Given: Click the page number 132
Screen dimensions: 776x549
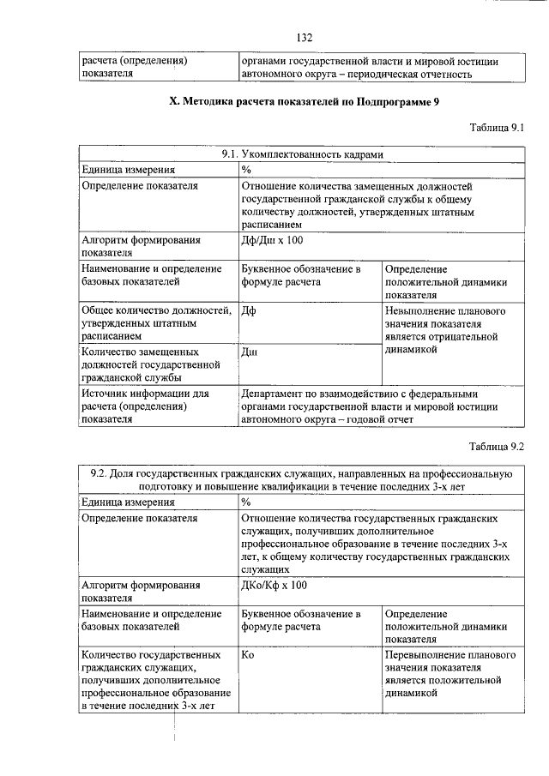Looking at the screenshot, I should click(x=303, y=38).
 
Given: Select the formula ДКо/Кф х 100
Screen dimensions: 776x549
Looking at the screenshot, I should click(x=274, y=585).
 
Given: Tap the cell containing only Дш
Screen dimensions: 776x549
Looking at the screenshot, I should click(x=250, y=352).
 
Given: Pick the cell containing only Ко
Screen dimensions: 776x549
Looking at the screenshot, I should click(x=250, y=655).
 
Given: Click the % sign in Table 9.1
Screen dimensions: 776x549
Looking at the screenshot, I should click(x=246, y=170).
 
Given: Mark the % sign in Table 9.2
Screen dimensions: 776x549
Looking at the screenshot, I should click(x=246, y=502).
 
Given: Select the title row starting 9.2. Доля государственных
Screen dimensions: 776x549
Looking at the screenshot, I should click(x=301, y=478).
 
